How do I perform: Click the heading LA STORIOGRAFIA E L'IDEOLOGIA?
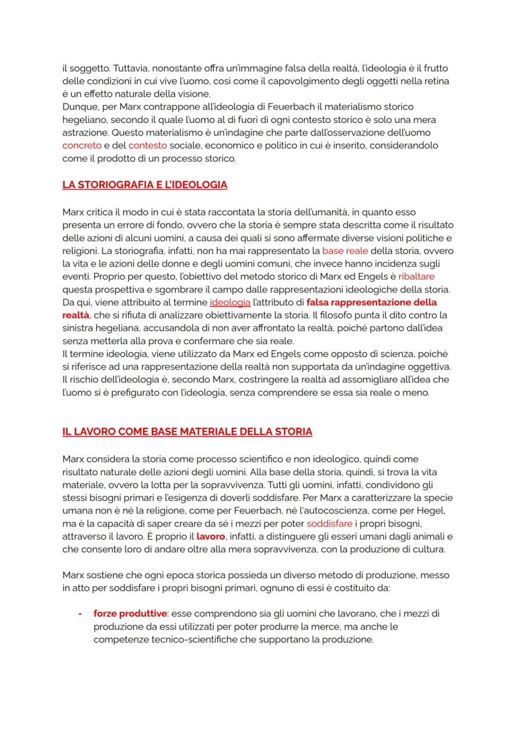(x=145, y=185)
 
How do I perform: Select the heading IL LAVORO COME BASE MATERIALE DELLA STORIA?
(x=187, y=432)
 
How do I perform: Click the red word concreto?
(x=82, y=145)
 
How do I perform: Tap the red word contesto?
(x=147, y=145)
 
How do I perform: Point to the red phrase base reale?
(x=345, y=250)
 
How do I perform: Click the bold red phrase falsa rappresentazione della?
(x=372, y=302)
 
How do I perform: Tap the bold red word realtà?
(x=76, y=315)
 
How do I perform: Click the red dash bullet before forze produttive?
(x=80, y=613)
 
